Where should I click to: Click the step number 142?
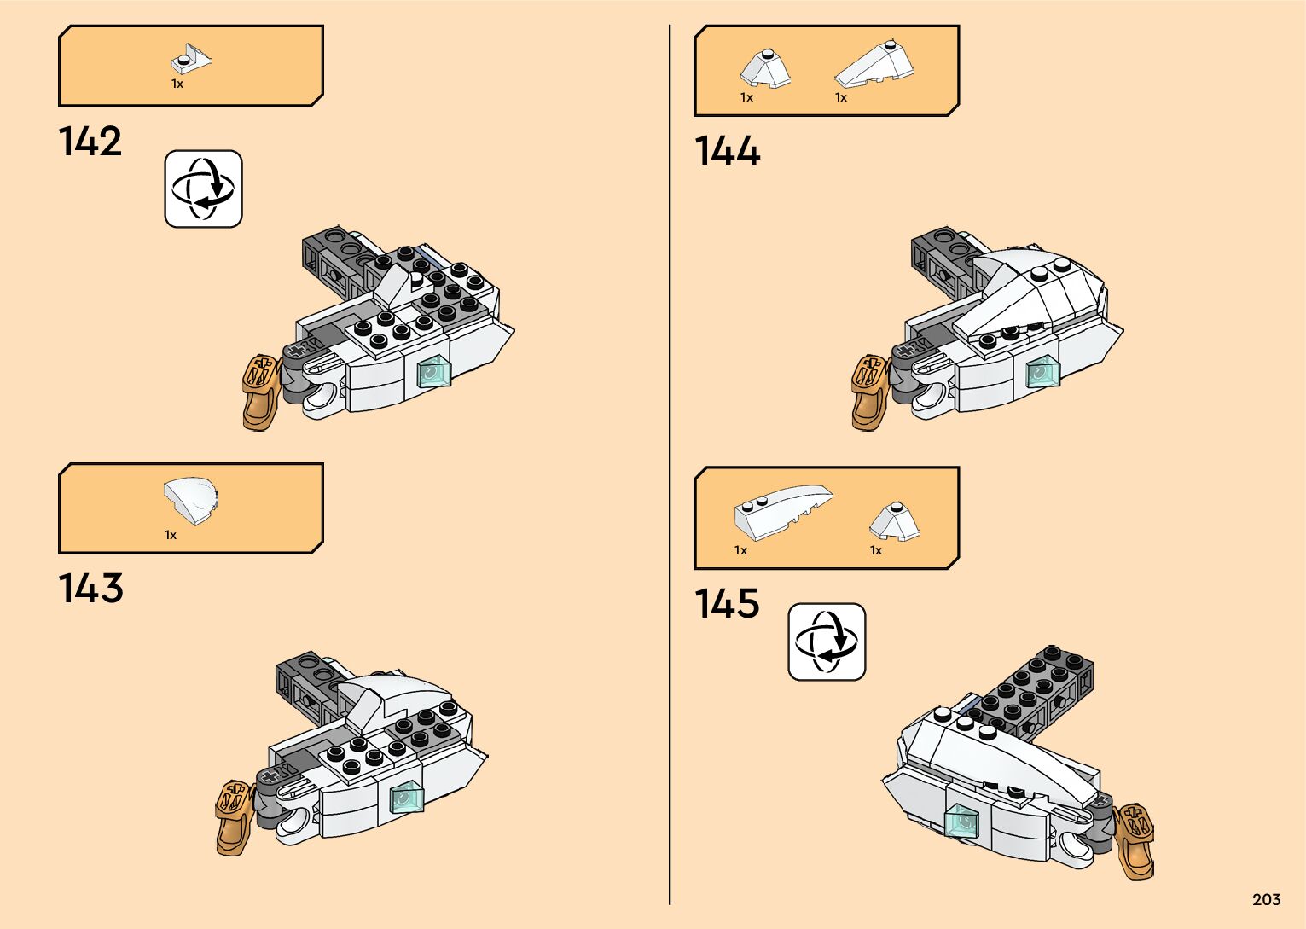coord(90,142)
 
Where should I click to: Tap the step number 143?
coord(90,589)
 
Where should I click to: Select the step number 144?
coord(727,151)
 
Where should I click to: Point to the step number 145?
coord(727,603)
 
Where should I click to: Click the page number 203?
coord(1266,899)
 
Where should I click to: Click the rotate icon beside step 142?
coord(203,189)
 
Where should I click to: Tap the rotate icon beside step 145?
coord(827,642)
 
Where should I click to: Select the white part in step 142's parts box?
coord(191,59)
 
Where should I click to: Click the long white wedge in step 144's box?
coord(874,65)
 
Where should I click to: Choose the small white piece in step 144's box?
coord(764,68)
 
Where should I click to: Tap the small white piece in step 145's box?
coord(894,521)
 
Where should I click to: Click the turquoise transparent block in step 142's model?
coord(433,372)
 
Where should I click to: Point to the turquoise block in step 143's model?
coord(407,798)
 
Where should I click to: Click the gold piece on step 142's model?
coord(261,392)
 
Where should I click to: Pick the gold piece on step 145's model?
coord(1135,840)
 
